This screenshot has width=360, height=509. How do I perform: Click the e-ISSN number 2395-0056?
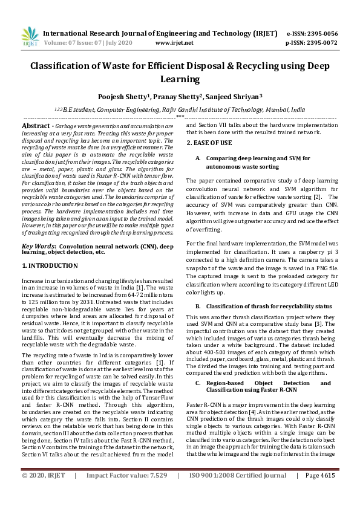pyautogui.click(x=320, y=34)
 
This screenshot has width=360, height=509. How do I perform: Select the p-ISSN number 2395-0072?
pyautogui.click(x=320, y=43)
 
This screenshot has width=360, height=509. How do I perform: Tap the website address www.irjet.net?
pyautogui.click(x=174, y=43)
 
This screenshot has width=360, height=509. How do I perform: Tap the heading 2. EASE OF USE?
pyautogui.click(x=209, y=143)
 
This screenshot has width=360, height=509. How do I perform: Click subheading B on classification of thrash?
pyautogui.click(x=269, y=306)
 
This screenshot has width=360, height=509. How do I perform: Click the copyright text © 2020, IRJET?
pyautogui.click(x=44, y=493)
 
